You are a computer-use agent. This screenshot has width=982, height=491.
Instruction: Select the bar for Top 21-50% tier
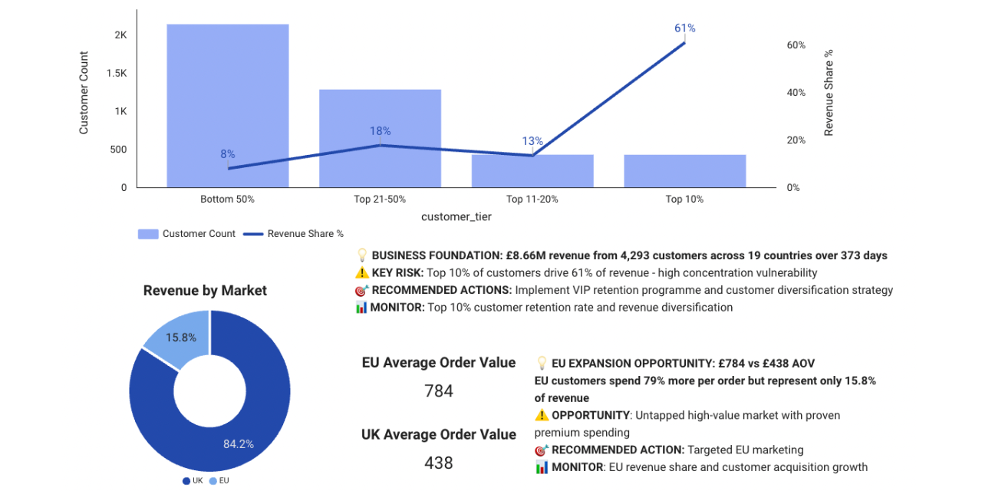(x=380, y=138)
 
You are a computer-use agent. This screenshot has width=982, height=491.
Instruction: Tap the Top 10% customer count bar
(x=684, y=171)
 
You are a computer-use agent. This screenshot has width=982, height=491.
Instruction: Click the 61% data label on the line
(x=684, y=28)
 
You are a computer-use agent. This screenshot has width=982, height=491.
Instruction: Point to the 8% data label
(x=228, y=154)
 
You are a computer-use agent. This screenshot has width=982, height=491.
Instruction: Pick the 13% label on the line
(x=532, y=141)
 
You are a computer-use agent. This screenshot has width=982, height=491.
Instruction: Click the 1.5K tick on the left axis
(x=117, y=73)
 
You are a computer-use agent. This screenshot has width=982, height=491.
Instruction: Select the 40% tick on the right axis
(x=796, y=93)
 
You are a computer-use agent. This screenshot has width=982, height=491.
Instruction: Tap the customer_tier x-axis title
(x=456, y=217)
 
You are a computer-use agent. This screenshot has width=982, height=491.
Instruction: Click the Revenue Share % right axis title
(x=829, y=93)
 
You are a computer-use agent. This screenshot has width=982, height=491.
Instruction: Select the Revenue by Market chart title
(x=205, y=291)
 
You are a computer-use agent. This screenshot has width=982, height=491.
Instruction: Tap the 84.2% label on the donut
(x=239, y=443)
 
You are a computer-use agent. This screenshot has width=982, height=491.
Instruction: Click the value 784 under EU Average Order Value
(x=439, y=391)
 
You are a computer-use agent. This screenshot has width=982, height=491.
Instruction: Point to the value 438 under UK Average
(x=439, y=463)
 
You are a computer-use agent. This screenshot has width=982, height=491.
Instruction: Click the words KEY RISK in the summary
(x=397, y=273)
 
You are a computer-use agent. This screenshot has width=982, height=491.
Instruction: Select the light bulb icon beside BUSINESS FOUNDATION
(x=362, y=255)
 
